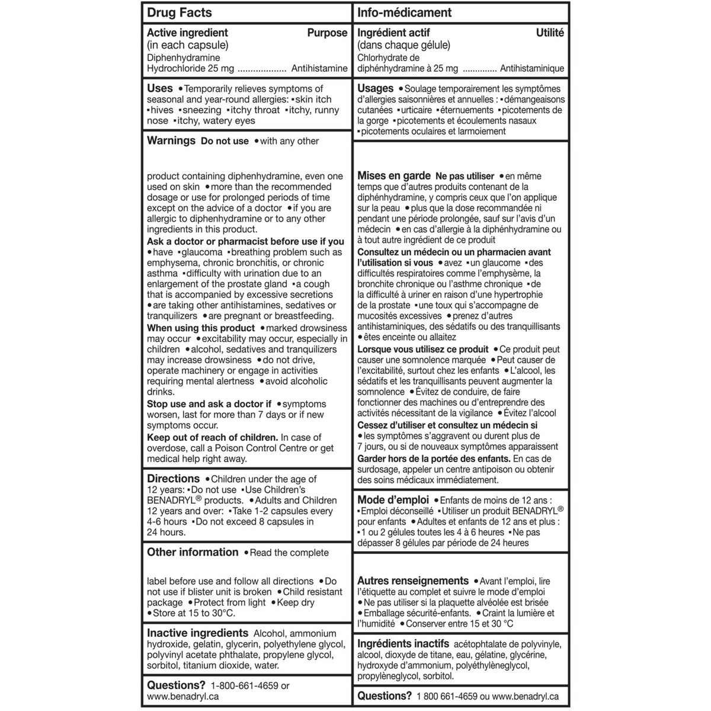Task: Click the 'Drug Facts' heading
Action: pyautogui.click(x=179, y=12)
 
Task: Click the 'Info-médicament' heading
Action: pyautogui.click(x=404, y=12)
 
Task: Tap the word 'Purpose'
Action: pyautogui.click(x=327, y=33)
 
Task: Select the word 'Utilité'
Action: pyautogui.click(x=550, y=33)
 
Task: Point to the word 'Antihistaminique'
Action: pyautogui.click(x=532, y=69)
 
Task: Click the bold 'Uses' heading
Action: pyautogui.click(x=160, y=88)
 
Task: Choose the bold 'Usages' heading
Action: pyautogui.click(x=376, y=88)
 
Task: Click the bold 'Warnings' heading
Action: pyautogui.click(x=171, y=140)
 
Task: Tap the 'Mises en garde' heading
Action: pyautogui.click(x=394, y=176)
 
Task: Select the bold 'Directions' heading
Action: pyautogui.click(x=174, y=478)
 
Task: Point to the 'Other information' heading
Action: pyautogui.click(x=193, y=552)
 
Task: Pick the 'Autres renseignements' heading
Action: pyautogui.click(x=413, y=581)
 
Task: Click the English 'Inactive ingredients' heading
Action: pyautogui.click(x=197, y=633)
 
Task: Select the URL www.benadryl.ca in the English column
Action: pyautogui.click(x=182, y=697)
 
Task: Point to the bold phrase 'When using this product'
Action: pyautogui.click(x=201, y=328)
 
